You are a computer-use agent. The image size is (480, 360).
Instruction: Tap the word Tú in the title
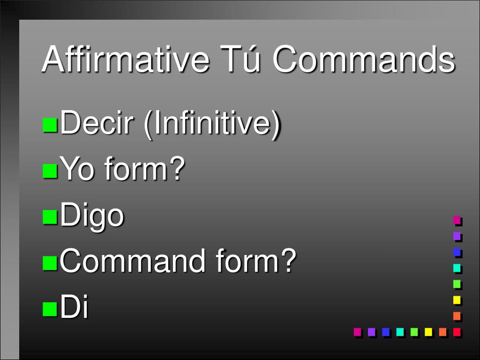(240, 60)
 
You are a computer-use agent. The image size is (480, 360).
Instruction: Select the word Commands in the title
(364, 60)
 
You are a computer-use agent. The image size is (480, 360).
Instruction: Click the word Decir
(99, 124)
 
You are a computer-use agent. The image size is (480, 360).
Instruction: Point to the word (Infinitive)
(212, 125)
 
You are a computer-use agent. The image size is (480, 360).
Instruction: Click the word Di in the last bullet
(75, 307)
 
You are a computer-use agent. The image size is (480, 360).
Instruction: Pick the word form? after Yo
(143, 170)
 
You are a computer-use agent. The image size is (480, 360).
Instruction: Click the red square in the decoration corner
(457, 332)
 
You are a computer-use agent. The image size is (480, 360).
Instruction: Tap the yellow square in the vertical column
(457, 300)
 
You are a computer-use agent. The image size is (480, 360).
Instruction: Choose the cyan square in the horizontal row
(400, 332)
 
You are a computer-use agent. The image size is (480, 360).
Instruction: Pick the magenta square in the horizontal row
(357, 332)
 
